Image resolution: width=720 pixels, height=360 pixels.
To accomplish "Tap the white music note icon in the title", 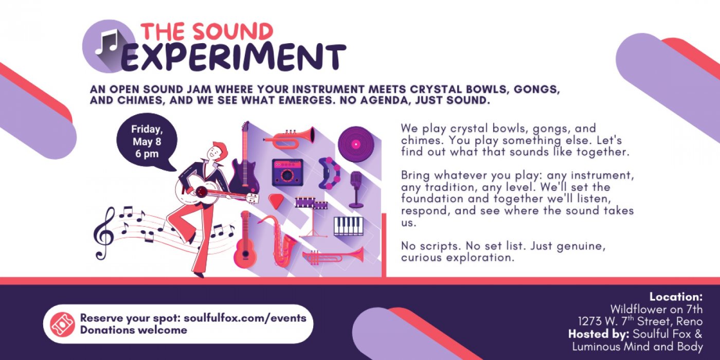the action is (107, 42).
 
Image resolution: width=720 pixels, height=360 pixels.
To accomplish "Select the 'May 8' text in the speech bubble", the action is (147, 142).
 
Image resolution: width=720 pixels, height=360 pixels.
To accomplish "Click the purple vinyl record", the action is (356, 144).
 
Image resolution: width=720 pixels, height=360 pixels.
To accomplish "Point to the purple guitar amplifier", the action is (287, 173).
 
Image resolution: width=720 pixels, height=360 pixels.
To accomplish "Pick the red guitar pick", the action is (276, 202).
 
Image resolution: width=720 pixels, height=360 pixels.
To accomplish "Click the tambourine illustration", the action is (330, 173).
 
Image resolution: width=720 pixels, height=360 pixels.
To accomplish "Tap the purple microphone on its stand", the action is (356, 190).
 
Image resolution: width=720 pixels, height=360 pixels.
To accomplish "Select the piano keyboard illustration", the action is (349, 226).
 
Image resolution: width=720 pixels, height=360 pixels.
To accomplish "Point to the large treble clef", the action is (104, 233).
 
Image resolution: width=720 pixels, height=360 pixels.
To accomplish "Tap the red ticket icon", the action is (63, 324).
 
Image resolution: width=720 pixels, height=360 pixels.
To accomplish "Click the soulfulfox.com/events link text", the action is (245, 318).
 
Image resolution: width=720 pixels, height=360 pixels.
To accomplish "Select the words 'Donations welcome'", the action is (133, 330).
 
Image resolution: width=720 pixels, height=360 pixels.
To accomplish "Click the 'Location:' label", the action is (676, 297).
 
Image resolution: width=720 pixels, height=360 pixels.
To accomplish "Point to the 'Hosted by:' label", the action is (599, 334).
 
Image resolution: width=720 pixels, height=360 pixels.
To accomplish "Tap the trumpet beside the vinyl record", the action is (289, 137).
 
